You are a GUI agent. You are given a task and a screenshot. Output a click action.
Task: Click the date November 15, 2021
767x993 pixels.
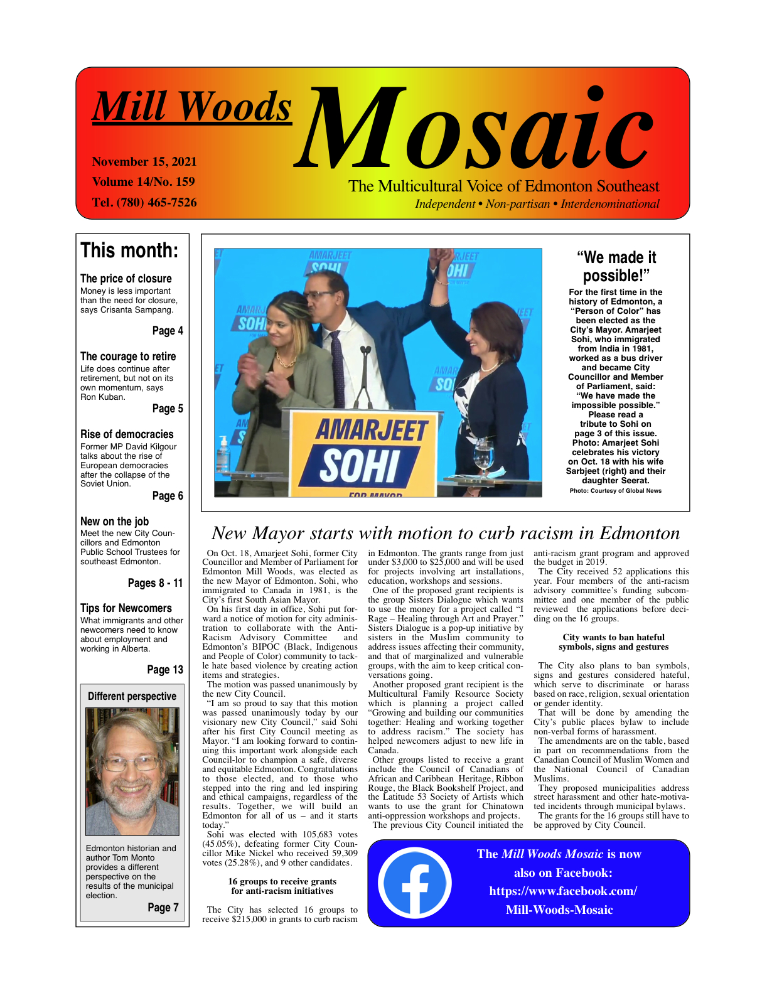[x=144, y=161]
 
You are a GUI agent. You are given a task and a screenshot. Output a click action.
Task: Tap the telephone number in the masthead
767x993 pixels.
[x=144, y=202]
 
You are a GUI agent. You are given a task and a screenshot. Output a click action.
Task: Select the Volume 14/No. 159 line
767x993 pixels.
[x=143, y=181]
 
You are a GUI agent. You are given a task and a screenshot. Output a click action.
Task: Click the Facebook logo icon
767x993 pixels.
[x=414, y=883]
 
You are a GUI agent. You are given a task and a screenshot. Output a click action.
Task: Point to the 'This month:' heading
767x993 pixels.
[x=129, y=250]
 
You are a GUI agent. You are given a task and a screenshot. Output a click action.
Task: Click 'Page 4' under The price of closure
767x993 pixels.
[x=168, y=331]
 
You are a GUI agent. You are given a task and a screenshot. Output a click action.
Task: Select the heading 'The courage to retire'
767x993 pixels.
[x=128, y=356]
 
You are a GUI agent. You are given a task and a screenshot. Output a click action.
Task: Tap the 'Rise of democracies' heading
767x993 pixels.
[x=127, y=434]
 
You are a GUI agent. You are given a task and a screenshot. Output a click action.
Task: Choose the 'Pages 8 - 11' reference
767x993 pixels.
[x=155, y=583]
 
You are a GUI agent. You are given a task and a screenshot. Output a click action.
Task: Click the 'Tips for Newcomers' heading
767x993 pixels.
[x=126, y=608]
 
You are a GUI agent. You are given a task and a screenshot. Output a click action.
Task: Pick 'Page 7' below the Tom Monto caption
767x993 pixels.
[x=163, y=907]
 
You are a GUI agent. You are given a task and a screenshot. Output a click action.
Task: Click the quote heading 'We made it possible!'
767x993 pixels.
[x=616, y=266]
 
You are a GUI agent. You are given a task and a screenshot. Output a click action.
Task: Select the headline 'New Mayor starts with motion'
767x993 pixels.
[x=446, y=533]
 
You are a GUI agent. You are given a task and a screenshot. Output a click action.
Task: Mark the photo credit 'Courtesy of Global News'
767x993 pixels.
[x=615, y=491]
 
